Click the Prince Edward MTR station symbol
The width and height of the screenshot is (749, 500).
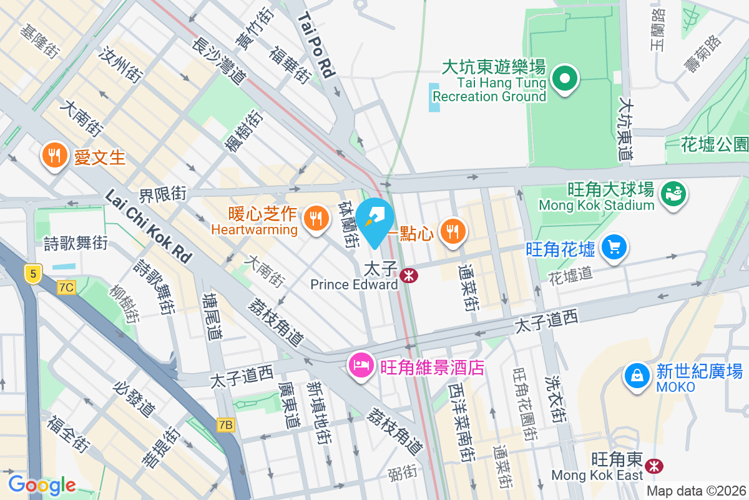[x=409, y=275]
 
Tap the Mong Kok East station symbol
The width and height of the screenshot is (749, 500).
[x=654, y=466]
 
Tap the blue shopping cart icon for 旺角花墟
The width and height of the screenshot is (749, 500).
[x=614, y=247]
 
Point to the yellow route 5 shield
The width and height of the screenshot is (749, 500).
[x=33, y=272]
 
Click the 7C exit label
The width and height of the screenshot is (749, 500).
[x=66, y=287]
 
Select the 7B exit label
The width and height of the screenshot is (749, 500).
[x=226, y=425]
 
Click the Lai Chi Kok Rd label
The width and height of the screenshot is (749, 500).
[x=149, y=226]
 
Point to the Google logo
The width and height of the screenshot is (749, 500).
[x=42, y=484]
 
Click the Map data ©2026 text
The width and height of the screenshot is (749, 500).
[x=695, y=491]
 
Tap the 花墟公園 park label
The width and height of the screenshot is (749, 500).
[x=714, y=145]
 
